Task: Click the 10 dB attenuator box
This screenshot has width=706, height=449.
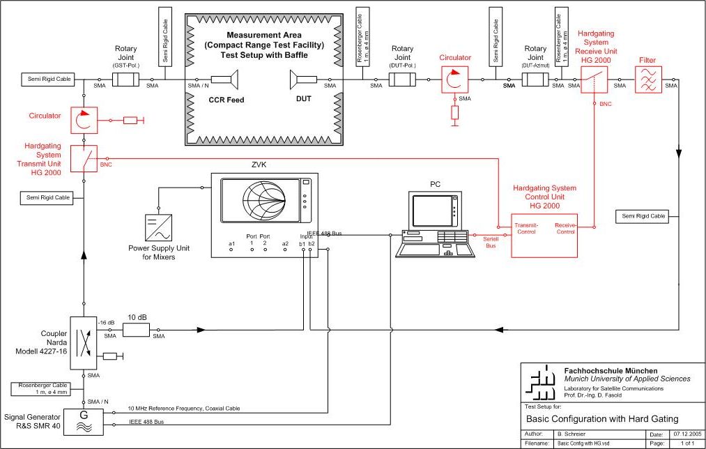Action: click(136, 329)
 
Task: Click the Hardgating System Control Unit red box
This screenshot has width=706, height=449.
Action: click(545, 234)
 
